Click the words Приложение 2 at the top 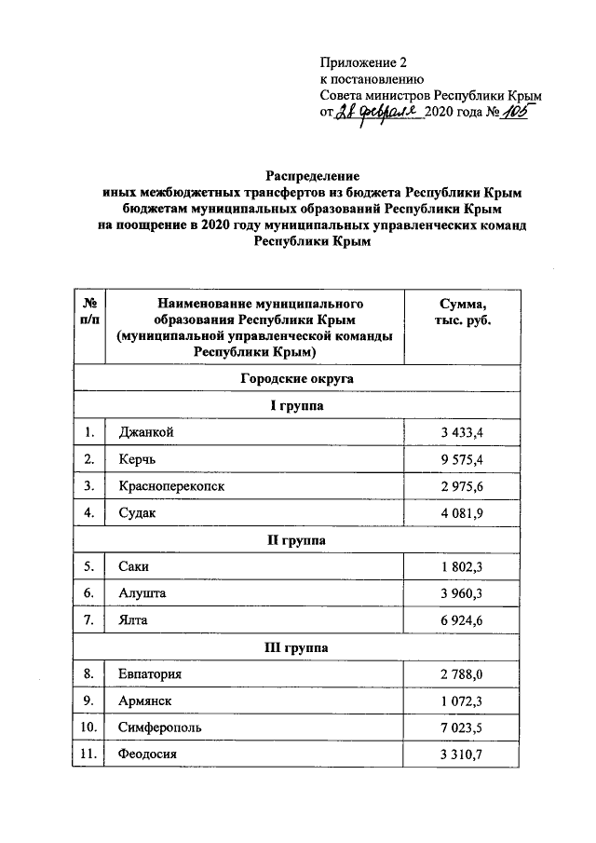(x=364, y=63)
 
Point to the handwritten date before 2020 (x=378, y=112)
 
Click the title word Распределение (x=312, y=176)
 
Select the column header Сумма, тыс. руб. (x=462, y=311)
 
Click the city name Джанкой (x=147, y=432)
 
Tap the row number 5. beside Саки (x=89, y=566)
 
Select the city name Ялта (x=135, y=619)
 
